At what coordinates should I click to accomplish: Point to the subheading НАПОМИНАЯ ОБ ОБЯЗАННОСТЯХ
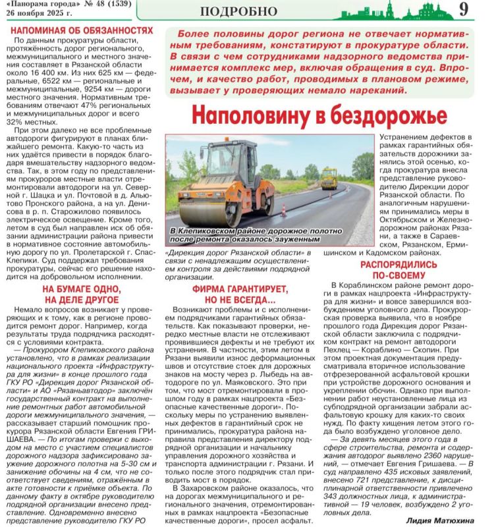coord(83,30)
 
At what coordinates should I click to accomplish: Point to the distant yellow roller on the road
coord(329,177)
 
